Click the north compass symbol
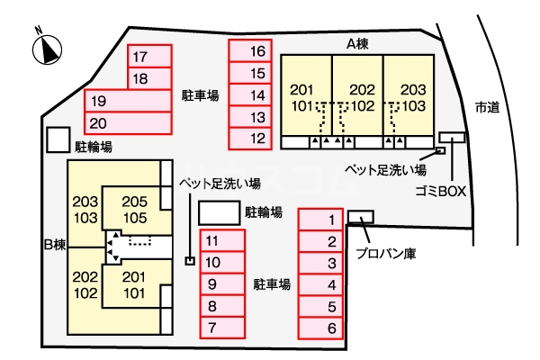[x=47, y=49]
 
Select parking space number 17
[x=149, y=56]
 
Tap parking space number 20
[x=128, y=123]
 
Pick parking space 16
[x=250, y=51]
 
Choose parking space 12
[x=250, y=139]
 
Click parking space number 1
[x=320, y=220]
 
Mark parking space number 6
[x=320, y=328]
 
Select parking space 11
[x=222, y=240]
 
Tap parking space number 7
[x=222, y=328]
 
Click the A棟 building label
[x=357, y=44]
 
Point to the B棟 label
[x=55, y=245]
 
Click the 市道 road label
[x=487, y=107]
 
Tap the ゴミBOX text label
[x=440, y=191]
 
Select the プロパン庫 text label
[x=386, y=254]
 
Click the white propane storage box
[x=361, y=217]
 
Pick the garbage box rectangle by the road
[x=452, y=138]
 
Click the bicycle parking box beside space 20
[x=58, y=139]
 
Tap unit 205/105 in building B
[x=135, y=210]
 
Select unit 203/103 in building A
[x=409, y=95]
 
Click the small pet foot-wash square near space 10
[x=190, y=261]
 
